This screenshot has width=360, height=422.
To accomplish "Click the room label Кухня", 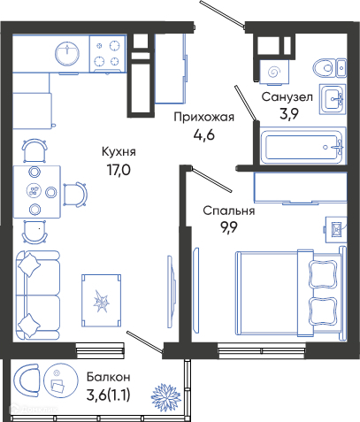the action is tap(119, 152).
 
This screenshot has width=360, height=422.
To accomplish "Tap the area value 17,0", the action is tap(119, 171).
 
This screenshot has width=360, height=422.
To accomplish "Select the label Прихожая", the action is tap(204, 117).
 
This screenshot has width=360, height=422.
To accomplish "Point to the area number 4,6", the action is tap(204, 134).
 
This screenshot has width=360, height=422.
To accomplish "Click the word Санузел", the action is tap(287, 96).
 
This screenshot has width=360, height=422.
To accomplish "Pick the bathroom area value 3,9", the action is tap(289, 113).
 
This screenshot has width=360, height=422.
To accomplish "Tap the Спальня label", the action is tap(229, 211).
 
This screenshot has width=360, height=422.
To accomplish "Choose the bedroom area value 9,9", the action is tap(228, 227).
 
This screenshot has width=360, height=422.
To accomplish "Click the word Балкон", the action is tap(109, 377).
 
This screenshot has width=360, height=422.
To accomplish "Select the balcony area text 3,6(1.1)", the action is tap(109, 395).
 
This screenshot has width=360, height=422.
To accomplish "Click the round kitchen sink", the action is tap(67, 54).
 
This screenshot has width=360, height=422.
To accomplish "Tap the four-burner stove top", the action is tap(107, 54).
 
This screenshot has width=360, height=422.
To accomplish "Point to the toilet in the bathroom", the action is tap(329, 68).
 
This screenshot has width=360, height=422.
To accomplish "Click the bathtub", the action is tap(303, 146).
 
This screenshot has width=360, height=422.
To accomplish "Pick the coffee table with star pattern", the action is tap(102, 301).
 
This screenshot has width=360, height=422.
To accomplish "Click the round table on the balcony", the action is tap(61, 380).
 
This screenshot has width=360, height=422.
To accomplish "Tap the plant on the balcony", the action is tap(166, 397).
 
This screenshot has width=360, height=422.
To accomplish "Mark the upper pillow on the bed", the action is tap(323, 274).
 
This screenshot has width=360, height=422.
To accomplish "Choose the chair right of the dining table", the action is tap(75, 195).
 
